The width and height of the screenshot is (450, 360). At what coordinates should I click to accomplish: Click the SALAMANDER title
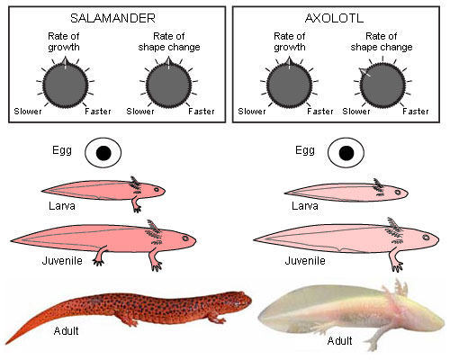[112, 18]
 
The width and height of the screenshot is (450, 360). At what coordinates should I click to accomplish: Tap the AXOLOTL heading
[334, 18]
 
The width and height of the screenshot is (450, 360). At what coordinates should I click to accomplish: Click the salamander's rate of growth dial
[66, 85]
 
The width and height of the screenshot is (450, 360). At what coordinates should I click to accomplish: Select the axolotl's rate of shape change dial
[382, 85]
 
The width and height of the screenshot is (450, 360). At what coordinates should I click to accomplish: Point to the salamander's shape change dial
[169, 85]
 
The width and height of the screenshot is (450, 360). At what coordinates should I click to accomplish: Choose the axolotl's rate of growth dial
[289, 85]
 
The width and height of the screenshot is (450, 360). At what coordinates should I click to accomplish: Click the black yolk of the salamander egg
[103, 153]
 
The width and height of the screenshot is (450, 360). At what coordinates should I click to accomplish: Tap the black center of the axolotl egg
[346, 153]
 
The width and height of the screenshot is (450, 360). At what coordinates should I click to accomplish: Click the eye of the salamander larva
[157, 190]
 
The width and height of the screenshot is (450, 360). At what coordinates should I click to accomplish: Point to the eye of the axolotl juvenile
[426, 238]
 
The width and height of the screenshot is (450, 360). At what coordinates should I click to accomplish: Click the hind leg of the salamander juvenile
[100, 256]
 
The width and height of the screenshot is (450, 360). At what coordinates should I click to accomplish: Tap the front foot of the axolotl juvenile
[397, 266]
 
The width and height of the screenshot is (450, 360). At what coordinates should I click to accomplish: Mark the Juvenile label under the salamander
[62, 261]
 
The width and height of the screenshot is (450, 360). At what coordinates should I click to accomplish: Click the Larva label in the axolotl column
[305, 206]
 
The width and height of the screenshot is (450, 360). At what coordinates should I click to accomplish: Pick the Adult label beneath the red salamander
[66, 331]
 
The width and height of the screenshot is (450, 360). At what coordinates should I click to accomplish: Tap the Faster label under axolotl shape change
[416, 112]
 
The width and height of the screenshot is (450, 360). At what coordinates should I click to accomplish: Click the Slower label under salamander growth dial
[28, 112]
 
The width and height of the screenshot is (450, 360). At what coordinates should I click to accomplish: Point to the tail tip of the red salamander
[6, 343]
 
